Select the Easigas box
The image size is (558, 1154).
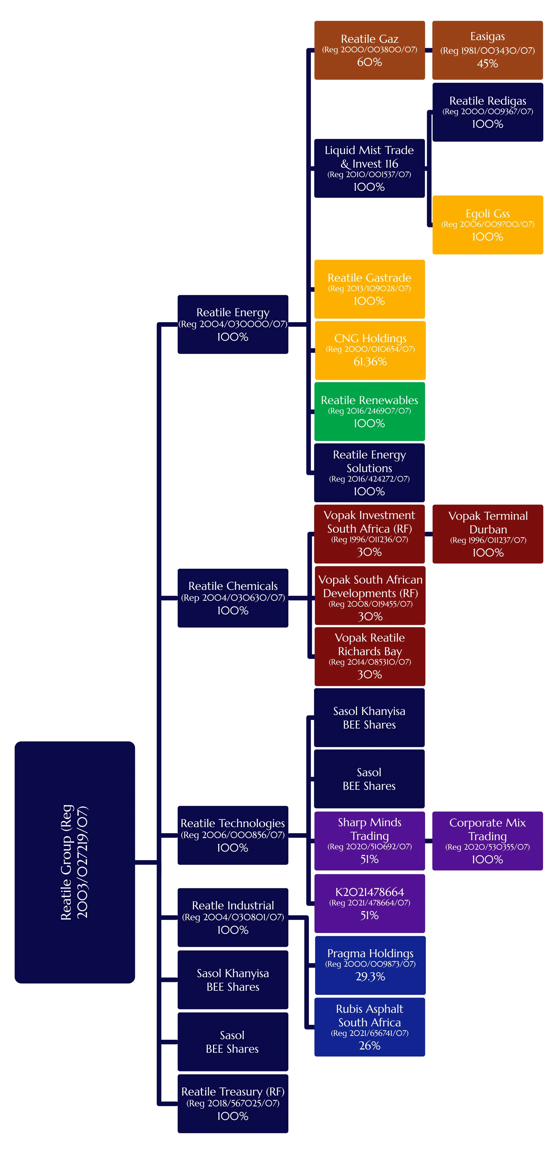(x=487, y=50)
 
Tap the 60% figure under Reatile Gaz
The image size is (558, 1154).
(x=369, y=62)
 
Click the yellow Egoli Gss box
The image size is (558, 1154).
(x=487, y=225)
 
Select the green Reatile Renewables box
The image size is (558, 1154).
(x=369, y=411)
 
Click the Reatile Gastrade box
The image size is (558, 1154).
(x=369, y=289)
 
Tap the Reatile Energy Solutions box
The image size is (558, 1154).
(x=369, y=473)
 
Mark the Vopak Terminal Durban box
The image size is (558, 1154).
(x=487, y=534)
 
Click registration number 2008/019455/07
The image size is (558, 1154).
(x=370, y=604)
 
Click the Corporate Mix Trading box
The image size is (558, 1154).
(x=487, y=841)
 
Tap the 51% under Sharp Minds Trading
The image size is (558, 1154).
(x=369, y=859)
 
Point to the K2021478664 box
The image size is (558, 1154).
(x=369, y=903)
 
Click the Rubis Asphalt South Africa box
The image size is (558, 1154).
(x=369, y=1027)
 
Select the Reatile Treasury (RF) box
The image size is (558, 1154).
(x=233, y=1103)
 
